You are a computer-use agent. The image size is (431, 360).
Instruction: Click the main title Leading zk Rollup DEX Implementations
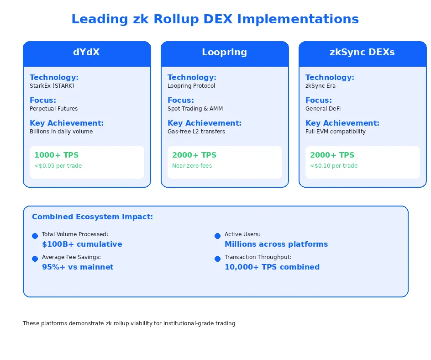pos(215,19)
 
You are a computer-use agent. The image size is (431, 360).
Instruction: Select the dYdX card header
pos(87,53)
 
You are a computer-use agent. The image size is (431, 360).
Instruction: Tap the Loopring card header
pos(225,53)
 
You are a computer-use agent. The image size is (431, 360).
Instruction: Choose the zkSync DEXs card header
pos(363,53)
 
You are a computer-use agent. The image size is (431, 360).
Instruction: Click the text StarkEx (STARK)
pos(52,86)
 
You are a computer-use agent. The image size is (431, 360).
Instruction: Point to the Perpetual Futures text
pos(54,109)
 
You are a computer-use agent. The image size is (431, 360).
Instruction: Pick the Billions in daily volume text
pos(61,132)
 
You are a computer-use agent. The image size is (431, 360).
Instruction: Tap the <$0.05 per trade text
pos(58,166)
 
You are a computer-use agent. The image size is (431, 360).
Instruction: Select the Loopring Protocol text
pos(191,86)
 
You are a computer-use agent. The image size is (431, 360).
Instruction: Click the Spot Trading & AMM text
pos(195,109)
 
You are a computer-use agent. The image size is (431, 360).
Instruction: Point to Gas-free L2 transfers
pos(196,132)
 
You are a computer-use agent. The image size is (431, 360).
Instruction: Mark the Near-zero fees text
pos(192,166)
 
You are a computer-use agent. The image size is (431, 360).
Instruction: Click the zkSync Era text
pos(321,86)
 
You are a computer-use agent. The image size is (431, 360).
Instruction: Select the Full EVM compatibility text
pos(336,132)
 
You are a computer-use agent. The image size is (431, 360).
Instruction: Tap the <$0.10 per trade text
pos(334,166)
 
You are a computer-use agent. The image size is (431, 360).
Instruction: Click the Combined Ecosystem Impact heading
pos(92,217)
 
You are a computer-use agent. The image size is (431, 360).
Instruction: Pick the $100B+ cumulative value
pos(82,244)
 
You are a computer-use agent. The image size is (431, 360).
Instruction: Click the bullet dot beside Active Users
pos(217,236)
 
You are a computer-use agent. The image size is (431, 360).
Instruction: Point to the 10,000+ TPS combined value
pos(272,267)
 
